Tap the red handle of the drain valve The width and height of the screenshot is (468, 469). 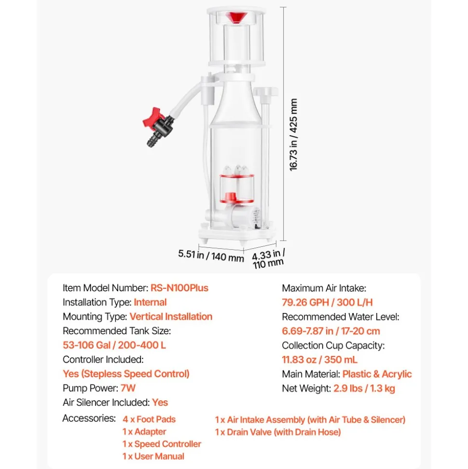(153, 118)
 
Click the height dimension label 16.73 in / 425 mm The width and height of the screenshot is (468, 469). (293, 135)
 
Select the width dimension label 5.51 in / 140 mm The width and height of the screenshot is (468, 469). (211, 256)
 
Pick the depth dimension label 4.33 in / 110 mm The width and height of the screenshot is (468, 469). (268, 259)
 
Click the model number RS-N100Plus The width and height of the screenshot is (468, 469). (179, 288)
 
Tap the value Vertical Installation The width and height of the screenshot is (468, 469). (171, 316)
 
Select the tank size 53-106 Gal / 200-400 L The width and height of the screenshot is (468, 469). (114, 345)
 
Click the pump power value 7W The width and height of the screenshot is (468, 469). (128, 388)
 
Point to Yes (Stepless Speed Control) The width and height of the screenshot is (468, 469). (126, 374)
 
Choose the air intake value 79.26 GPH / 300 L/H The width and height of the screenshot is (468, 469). (327, 302)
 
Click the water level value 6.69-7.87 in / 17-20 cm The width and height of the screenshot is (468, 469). (331, 331)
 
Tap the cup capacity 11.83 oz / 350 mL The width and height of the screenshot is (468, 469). (319, 359)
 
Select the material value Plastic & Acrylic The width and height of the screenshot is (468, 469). (377, 374)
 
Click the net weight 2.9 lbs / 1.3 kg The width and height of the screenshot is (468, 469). (364, 388)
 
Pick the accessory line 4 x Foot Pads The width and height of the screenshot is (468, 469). (149, 419)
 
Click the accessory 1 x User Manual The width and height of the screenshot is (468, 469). (153, 456)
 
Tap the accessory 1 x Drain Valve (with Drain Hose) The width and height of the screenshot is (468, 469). (277, 432)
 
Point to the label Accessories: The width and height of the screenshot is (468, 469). (89, 418)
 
